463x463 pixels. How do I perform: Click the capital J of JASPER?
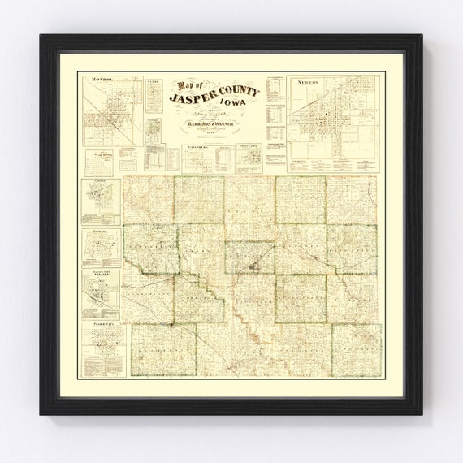click(174, 99)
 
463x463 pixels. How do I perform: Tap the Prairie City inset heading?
click(102, 323)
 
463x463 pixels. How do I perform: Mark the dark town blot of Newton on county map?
click(256, 265)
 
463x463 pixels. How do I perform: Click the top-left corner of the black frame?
click(41, 36)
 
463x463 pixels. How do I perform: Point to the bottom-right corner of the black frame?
click(422, 413)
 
